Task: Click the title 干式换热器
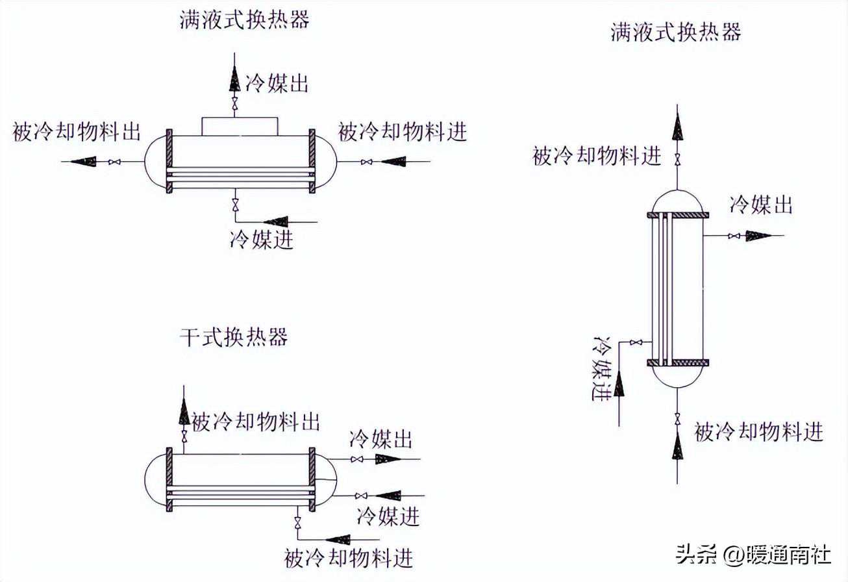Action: tap(234, 337)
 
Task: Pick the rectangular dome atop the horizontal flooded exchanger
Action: tap(240, 126)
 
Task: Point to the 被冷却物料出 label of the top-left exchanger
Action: tap(77, 133)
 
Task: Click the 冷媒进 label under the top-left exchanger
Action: tap(262, 240)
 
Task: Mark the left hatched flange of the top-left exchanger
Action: tap(169, 160)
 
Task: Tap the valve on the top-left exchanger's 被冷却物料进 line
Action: tap(367, 161)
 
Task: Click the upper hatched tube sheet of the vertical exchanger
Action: tap(678, 215)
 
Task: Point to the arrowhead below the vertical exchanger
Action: tap(678, 446)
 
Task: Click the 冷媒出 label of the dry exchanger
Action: tap(381, 439)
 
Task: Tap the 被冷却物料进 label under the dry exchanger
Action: tap(349, 557)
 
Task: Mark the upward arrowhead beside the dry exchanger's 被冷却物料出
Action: tap(184, 411)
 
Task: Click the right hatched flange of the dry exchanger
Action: tap(312, 480)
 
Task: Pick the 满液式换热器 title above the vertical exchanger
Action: tap(675, 32)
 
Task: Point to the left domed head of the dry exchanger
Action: tap(155, 480)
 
